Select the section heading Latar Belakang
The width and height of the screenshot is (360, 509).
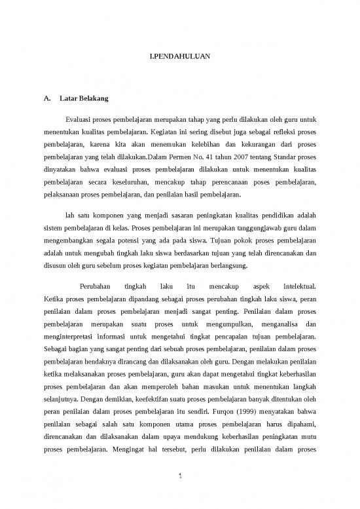tap(83, 100)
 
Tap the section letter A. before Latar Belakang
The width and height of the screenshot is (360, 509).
tap(46, 100)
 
